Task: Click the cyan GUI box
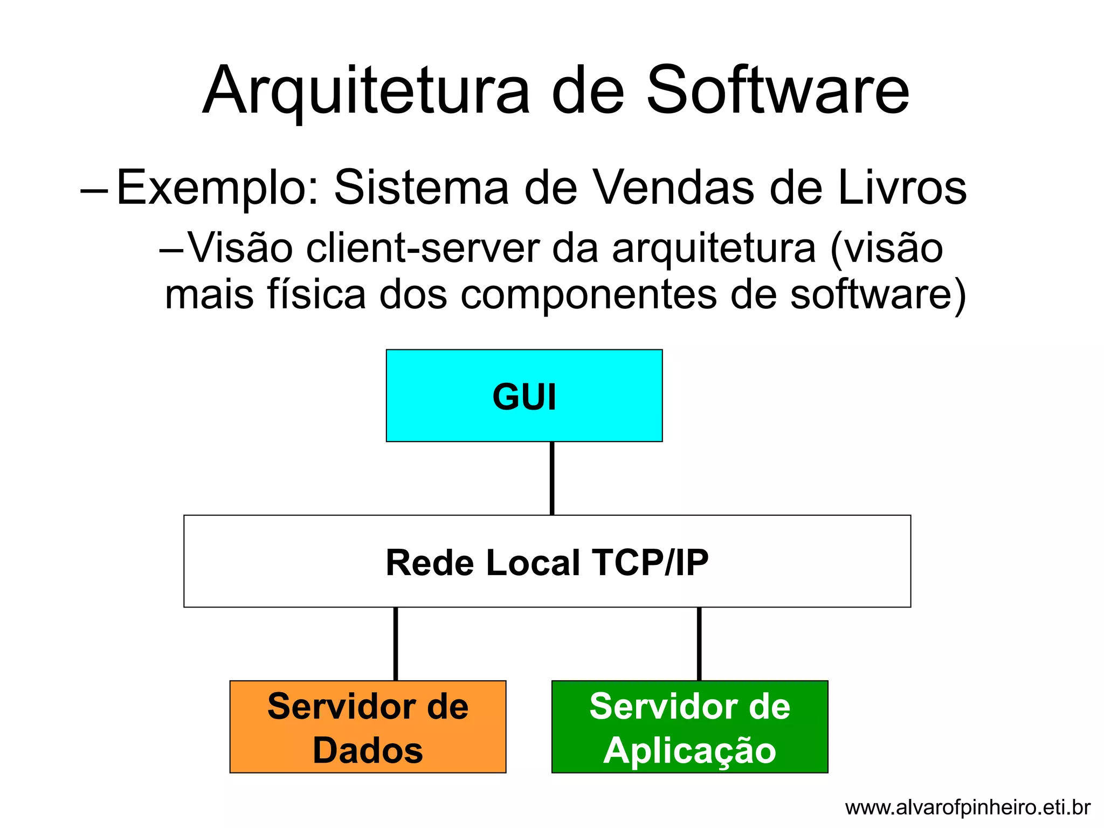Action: point(524,396)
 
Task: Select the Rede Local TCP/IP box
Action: point(547,561)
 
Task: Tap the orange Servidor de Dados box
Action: point(368,726)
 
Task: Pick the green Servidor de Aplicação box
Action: point(689,726)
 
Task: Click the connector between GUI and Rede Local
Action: point(552,478)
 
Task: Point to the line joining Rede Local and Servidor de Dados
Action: point(396,644)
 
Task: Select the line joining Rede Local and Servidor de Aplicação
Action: point(699,644)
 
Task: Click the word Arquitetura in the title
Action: point(366,91)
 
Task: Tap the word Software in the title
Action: point(778,91)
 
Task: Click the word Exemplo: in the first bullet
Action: point(218,188)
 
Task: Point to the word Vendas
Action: point(674,188)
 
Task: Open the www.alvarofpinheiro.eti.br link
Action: point(968,808)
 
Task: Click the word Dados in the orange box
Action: point(368,750)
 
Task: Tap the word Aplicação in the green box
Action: point(689,751)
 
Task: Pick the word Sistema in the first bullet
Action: point(422,188)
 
